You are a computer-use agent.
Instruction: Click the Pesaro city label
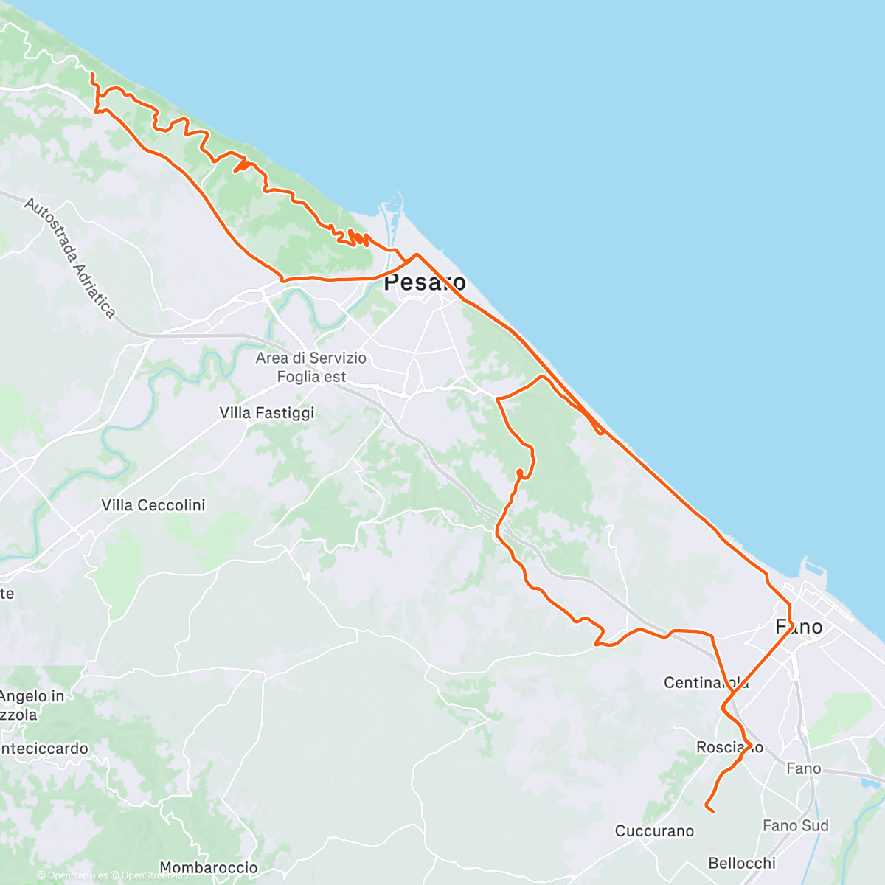pyautogui.click(x=425, y=282)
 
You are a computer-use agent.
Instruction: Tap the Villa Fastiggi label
pyautogui.click(x=267, y=413)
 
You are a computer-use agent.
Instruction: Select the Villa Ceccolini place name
pyautogui.click(x=153, y=505)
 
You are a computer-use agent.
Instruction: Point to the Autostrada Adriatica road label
pyautogui.click(x=69, y=257)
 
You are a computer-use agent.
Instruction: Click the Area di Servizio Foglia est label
pyautogui.click(x=311, y=367)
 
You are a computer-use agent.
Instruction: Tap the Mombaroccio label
pyautogui.click(x=209, y=868)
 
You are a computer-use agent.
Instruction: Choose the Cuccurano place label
pyautogui.click(x=654, y=831)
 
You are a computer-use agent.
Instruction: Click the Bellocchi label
pyautogui.click(x=742, y=863)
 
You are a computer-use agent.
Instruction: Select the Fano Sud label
pyautogui.click(x=796, y=825)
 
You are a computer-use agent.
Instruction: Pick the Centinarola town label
pyautogui.click(x=706, y=682)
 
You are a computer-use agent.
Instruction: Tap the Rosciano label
pyautogui.click(x=729, y=747)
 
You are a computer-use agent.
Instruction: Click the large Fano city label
pyautogui.click(x=799, y=627)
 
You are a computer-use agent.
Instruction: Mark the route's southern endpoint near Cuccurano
pyautogui.click(x=713, y=812)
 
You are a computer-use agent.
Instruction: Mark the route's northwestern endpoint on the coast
pyautogui.click(x=91, y=75)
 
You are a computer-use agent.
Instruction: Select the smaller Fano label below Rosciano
pyautogui.click(x=803, y=768)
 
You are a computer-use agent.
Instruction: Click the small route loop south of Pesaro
pyautogui.click(x=520, y=472)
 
